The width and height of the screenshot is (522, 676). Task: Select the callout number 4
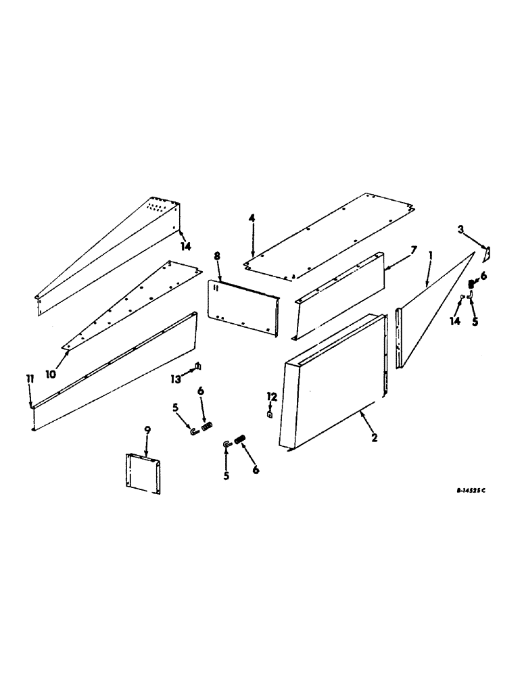point(252,218)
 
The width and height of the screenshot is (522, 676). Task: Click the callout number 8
point(217,256)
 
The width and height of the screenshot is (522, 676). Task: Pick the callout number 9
point(147,430)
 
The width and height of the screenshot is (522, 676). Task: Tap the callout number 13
point(176,379)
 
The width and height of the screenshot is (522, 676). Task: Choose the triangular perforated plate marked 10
point(128,297)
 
